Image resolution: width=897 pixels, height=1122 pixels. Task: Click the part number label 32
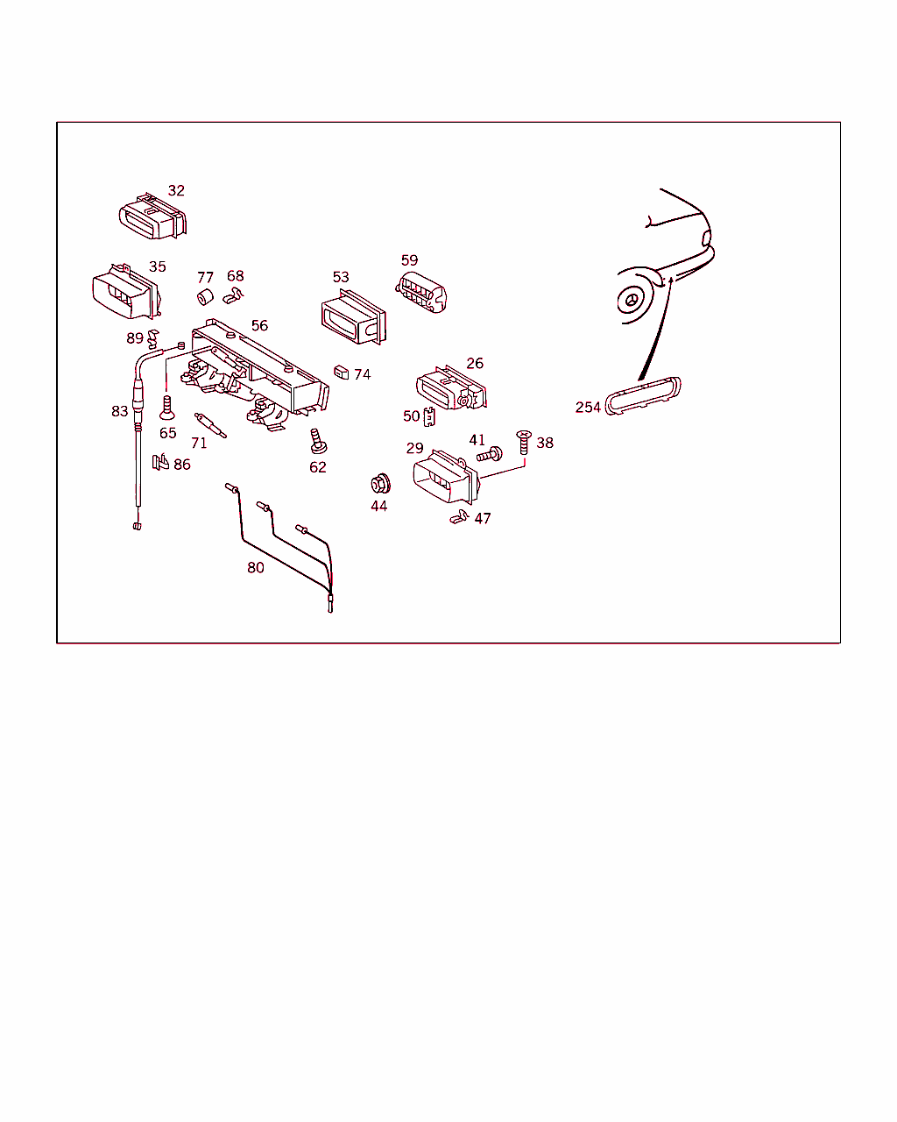tap(176, 191)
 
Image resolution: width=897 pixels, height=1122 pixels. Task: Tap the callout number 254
tap(588, 408)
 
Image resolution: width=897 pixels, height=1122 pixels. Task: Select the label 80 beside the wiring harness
tap(256, 568)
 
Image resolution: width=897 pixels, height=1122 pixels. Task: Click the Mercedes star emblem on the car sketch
tap(632, 301)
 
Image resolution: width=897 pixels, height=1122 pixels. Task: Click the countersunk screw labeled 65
tap(166, 408)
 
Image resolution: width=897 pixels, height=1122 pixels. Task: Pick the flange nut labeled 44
tap(380, 483)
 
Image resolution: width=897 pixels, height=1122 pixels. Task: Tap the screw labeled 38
tap(523, 442)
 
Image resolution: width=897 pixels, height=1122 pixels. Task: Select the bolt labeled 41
tap(490, 455)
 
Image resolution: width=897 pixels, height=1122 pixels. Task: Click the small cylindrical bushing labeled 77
tap(205, 296)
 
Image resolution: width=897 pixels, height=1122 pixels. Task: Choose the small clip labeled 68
tap(233, 296)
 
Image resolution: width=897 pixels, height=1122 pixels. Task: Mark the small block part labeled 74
tap(342, 373)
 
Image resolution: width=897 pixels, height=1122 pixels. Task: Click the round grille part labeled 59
tap(421, 293)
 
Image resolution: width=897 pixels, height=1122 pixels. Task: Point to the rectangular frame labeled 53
tap(353, 317)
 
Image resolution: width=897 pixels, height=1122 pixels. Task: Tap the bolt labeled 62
tap(318, 441)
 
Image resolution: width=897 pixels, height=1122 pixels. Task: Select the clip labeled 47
tap(459, 517)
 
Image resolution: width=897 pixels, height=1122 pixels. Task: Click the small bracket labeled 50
tap(429, 416)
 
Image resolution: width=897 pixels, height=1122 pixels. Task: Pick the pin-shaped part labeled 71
tap(210, 425)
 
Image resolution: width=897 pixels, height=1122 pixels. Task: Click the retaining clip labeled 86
tap(160, 462)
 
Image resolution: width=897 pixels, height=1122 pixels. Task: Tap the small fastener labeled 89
tap(152, 339)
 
